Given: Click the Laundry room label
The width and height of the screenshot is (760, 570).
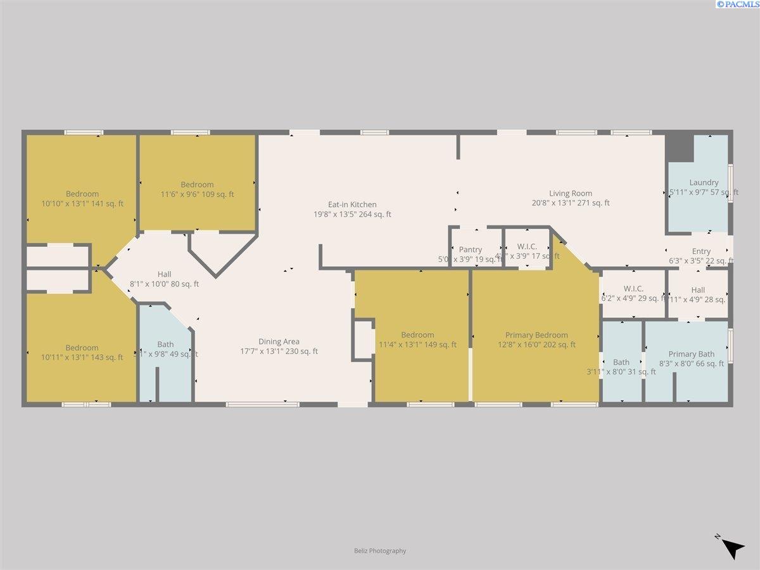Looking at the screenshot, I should (x=704, y=182).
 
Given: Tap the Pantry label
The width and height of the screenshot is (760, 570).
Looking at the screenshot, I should (x=471, y=250).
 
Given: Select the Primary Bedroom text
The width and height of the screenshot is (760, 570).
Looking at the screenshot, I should (x=536, y=335).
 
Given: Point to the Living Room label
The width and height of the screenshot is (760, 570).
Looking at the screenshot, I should (x=571, y=193).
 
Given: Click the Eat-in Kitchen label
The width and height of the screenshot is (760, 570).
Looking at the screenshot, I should (x=352, y=205).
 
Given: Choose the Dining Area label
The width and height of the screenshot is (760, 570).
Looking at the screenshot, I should (x=279, y=341).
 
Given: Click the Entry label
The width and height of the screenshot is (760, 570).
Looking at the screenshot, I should (x=701, y=251).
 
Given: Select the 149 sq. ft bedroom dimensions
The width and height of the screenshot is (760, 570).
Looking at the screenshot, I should (x=417, y=345).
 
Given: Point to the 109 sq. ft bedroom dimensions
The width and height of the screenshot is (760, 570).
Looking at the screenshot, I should (x=197, y=194).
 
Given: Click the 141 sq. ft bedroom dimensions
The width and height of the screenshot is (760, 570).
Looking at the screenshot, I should (x=82, y=203).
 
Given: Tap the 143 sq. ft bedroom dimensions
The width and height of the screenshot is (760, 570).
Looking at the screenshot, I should (x=82, y=357).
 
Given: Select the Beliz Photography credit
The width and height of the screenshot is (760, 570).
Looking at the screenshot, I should (x=380, y=551).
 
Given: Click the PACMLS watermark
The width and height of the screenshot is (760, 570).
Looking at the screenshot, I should (x=737, y=4).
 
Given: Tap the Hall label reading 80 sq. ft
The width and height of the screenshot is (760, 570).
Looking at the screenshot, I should (x=164, y=284).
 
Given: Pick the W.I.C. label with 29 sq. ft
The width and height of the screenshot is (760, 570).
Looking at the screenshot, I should (x=633, y=289).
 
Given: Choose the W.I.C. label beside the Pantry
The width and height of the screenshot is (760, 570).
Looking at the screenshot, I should (x=527, y=246).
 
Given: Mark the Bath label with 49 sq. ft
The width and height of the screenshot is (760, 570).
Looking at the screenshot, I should (x=165, y=345).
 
